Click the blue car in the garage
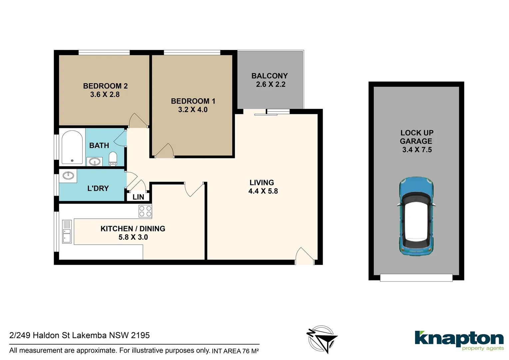coord(416,217)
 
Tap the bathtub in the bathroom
coord(72,147)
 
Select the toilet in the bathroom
coord(113,158)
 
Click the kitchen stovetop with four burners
coord(145,211)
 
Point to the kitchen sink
coord(67,231)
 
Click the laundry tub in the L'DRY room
coord(68,175)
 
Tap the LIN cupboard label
coord(138,197)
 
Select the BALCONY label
coord(269,76)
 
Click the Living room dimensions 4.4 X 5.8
coord(263,191)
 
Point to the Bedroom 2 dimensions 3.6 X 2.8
coord(105,95)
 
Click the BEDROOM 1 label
coord(193,101)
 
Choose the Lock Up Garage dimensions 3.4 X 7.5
coord(417,150)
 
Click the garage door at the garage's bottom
coord(416,277)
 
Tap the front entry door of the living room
coord(304,257)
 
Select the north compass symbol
coord(321,339)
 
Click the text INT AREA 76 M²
coord(235,351)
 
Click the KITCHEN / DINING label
coord(133,229)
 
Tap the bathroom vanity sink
coord(95,162)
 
